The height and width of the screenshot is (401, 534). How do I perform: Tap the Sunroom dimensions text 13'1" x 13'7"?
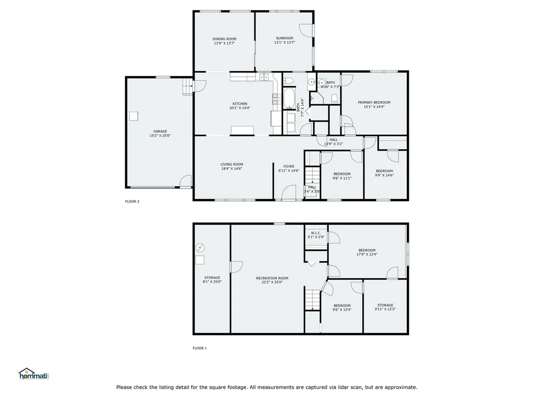284,43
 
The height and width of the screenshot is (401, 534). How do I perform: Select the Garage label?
160,131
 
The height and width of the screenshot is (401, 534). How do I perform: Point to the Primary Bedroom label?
374,103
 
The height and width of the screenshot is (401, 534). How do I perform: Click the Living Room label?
232,164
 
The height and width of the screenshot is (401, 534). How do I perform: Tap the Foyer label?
289,167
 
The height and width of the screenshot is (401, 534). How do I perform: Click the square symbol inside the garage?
134,116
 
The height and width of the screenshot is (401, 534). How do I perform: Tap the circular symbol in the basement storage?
200,247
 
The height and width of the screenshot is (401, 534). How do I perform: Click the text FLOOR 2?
132,202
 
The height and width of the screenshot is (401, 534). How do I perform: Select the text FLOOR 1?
200,348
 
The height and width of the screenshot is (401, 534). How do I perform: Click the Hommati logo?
33,374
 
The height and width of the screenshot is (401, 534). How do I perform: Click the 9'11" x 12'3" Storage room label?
385,305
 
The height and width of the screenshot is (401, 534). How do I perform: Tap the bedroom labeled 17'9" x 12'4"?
366,251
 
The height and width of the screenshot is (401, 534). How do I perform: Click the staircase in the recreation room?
312,299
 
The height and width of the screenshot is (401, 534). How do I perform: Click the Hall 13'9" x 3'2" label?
333,140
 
